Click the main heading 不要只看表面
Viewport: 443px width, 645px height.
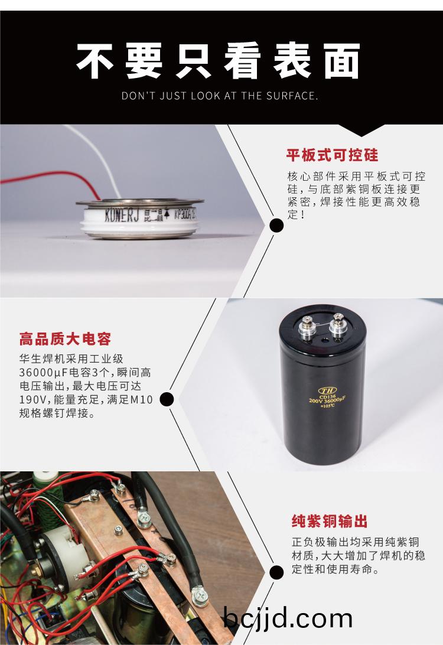click(x=219, y=61)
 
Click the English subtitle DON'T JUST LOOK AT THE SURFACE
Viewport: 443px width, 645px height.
click(x=220, y=96)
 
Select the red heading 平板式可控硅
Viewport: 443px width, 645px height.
click(x=332, y=155)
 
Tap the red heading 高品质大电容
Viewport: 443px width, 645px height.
click(x=65, y=339)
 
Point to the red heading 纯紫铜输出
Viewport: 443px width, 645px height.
click(x=330, y=521)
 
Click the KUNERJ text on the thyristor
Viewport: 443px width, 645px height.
click(x=122, y=215)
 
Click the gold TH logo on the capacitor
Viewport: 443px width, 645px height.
click(x=327, y=390)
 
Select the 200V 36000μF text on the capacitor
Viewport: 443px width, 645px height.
click(x=327, y=400)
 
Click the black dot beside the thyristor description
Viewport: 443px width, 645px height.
click(x=276, y=226)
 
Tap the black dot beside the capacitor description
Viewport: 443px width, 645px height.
click(x=167, y=399)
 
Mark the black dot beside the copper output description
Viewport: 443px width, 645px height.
click(x=276, y=572)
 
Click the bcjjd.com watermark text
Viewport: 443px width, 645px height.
click(x=288, y=619)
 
